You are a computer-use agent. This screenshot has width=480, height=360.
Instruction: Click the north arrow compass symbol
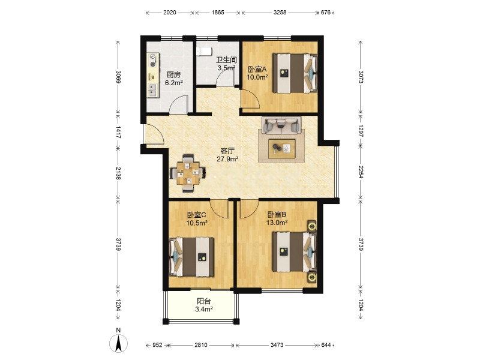tap(118, 343)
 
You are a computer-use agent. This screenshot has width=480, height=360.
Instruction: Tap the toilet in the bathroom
tap(203, 52)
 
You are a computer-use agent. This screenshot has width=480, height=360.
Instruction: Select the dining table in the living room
tap(188, 173)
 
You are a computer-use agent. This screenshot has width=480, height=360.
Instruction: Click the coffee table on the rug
tap(281, 149)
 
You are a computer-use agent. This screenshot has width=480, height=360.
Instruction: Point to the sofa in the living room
tap(281, 125)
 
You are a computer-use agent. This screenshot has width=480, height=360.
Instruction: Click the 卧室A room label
tap(257, 69)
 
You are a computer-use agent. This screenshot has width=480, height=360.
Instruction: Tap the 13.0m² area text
tap(277, 223)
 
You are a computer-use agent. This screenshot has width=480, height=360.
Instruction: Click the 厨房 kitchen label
tap(173, 74)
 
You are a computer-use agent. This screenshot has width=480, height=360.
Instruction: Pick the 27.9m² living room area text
tap(227, 159)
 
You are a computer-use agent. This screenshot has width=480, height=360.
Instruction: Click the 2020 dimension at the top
tap(170, 12)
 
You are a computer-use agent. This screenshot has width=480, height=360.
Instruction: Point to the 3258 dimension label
tap(280, 12)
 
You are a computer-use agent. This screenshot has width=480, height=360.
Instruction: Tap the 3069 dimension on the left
tap(118, 77)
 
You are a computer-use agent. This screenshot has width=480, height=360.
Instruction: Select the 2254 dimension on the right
tap(361, 172)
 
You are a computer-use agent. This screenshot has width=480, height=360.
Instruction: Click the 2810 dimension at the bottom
tap(201, 345)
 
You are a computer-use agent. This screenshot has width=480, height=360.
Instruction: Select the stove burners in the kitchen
tap(152, 61)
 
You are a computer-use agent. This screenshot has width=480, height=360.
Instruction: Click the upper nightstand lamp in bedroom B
tap(312, 227)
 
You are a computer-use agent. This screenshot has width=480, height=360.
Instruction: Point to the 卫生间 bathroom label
tap(226, 59)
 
